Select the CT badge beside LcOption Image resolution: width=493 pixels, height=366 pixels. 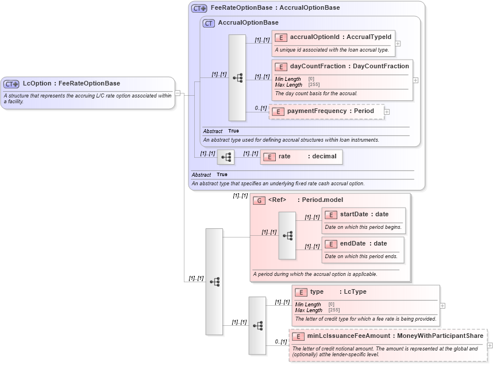click(11, 84)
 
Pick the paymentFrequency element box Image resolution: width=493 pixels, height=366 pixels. click(326, 111)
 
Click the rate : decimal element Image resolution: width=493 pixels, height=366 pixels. click(301, 157)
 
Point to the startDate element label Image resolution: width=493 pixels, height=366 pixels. click(356, 215)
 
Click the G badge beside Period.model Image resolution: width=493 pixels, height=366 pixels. click(259, 200)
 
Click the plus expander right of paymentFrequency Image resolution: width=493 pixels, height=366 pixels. click(387, 112)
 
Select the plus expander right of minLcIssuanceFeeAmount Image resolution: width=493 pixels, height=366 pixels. click(490, 345)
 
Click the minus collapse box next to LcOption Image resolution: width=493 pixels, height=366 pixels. click(178, 93)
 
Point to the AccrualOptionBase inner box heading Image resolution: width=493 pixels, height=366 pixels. click(248, 23)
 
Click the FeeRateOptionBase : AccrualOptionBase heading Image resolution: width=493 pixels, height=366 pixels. click(275, 8)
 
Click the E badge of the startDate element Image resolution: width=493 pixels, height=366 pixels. click(330, 215)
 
